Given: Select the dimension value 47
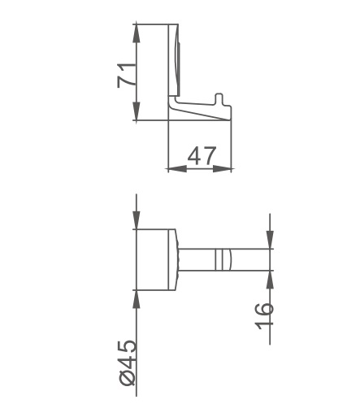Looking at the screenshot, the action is (202, 156).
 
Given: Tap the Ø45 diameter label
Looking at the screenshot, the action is (127, 363).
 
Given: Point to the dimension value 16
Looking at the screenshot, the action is (264, 316).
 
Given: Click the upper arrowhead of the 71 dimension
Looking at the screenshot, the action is (137, 33).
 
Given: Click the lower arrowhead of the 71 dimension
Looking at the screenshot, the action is (137, 111).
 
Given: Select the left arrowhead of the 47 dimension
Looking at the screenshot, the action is (177, 169).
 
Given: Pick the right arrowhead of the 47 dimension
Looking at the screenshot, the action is (222, 169).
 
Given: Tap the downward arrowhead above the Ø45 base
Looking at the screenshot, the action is (137, 220).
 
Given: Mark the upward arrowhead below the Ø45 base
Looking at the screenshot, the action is (137, 299).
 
